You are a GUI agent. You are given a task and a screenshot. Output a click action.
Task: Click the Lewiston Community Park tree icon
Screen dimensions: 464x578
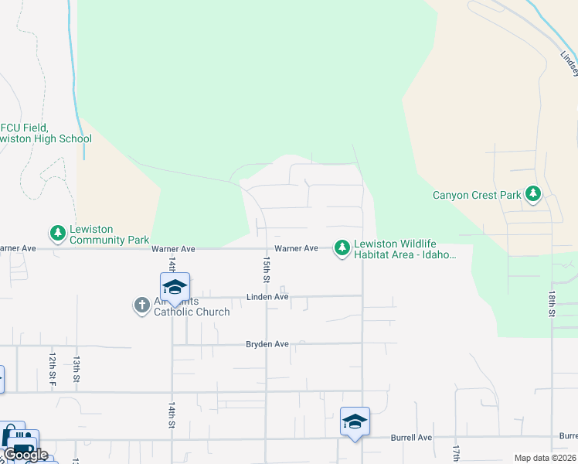[58, 232]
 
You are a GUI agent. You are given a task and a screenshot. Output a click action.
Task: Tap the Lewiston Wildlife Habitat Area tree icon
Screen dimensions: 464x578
[342, 247]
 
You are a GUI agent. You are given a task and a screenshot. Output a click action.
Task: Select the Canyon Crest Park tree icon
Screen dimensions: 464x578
[532, 194]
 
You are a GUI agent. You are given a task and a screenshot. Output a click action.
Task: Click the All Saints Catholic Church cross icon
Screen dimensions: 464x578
[141, 305]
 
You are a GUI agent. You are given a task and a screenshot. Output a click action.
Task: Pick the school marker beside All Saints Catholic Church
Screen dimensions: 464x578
[175, 287]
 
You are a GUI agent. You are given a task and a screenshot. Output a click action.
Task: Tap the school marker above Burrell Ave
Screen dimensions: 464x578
[355, 422]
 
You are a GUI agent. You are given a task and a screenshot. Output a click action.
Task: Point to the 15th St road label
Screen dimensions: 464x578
[266, 269]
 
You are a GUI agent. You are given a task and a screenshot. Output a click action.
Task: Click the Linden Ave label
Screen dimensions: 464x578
[267, 297]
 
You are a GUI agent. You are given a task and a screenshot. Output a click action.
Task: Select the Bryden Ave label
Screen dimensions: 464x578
[267, 344]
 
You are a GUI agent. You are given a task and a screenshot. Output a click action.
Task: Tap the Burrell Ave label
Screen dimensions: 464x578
[410, 438]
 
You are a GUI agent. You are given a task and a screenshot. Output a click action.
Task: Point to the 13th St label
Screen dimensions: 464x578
[77, 368]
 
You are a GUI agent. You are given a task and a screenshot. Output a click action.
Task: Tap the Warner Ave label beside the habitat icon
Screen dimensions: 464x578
[297, 248]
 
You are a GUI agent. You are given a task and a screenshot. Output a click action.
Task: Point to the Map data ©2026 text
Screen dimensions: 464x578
[545, 458]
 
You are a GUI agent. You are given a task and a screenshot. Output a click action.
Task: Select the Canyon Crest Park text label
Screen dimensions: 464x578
[477, 195]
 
